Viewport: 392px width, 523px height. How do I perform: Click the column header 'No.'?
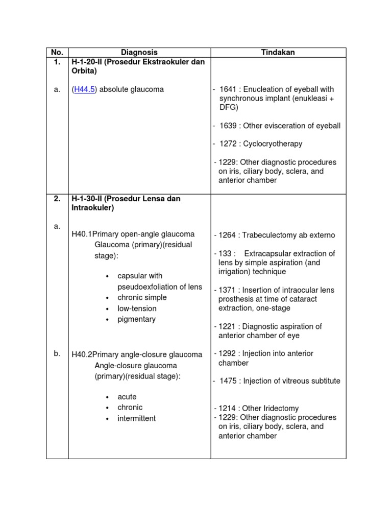(57, 52)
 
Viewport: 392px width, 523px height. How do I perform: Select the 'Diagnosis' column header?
(139, 52)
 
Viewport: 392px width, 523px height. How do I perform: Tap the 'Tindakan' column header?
(278, 52)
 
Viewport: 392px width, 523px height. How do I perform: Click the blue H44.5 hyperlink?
(85, 89)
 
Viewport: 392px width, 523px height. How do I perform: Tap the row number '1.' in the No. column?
(57, 62)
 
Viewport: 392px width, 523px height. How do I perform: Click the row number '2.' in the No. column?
(57, 198)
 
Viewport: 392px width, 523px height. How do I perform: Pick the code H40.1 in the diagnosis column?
(82, 234)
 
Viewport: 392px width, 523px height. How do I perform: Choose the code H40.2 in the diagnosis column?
(82, 354)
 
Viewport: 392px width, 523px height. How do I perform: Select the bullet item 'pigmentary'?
(136, 319)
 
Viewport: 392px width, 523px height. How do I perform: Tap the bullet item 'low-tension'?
(137, 308)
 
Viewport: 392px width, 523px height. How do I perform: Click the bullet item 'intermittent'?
(136, 418)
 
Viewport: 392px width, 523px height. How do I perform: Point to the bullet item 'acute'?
(127, 397)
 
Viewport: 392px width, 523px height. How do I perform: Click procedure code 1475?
(228, 381)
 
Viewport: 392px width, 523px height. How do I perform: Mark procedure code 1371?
(227, 290)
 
